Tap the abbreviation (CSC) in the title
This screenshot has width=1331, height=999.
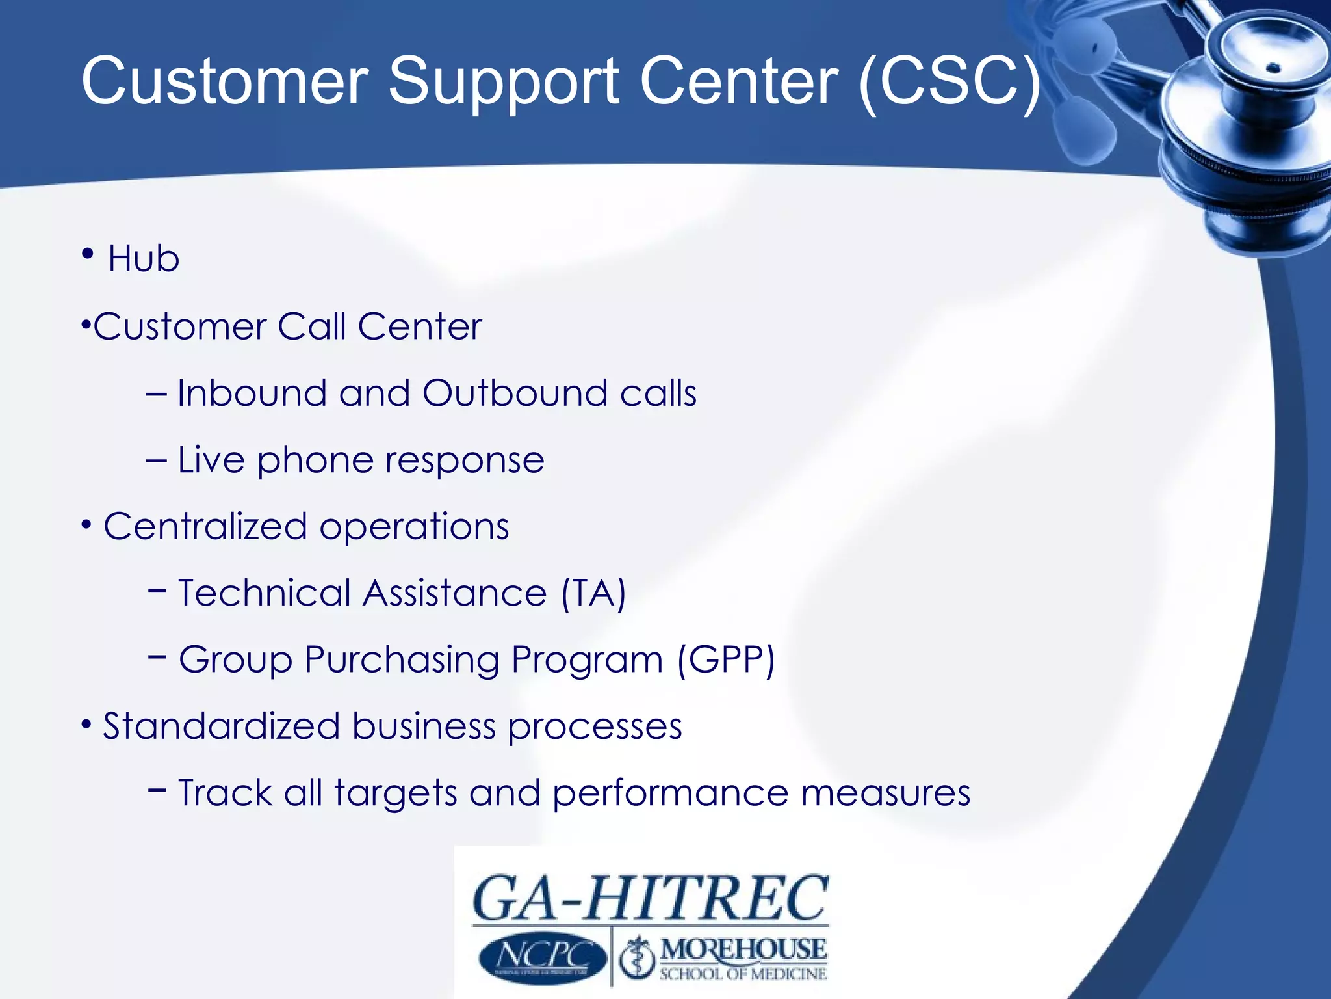coord(950,81)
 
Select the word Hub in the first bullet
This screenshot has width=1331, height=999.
coord(144,259)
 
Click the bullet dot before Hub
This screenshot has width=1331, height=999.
coord(88,253)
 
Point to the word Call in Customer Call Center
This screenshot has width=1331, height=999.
coord(312,326)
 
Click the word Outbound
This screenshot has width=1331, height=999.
coord(514,393)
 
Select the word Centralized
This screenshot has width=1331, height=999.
coord(205,526)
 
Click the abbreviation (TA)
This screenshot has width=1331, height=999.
coord(593,593)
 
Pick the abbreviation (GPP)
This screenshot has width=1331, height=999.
coord(726,660)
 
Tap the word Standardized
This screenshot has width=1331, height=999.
coord(222,726)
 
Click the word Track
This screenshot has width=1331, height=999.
coord(225,793)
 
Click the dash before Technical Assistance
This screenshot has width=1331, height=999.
coord(157,590)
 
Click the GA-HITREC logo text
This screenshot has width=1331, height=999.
coord(650,899)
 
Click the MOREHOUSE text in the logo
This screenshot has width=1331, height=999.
coord(743,950)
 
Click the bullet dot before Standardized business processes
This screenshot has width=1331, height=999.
coord(86,723)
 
